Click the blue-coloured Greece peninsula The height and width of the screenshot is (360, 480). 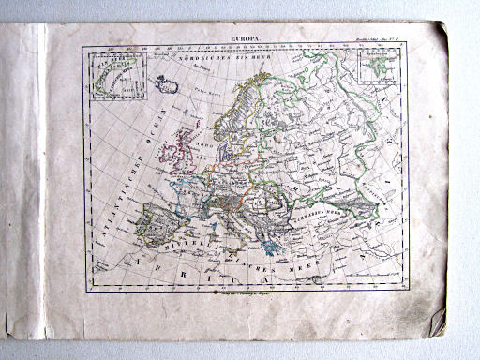click(x=271, y=242)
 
